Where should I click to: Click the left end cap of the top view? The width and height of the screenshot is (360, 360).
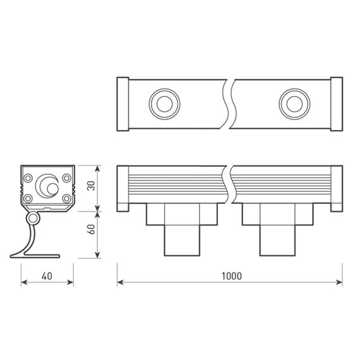pos(123,104)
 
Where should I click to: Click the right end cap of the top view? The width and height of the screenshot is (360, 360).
pos(337,104)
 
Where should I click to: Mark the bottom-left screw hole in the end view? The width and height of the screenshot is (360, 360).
pos(29,198)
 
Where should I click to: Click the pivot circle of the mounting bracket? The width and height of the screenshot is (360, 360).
pos(32,219)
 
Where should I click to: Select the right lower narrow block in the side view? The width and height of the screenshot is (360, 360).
pos(276,240)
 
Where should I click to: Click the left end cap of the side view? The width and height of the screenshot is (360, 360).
pos(123,188)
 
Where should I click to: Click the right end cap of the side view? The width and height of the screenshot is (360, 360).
pos(337,188)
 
